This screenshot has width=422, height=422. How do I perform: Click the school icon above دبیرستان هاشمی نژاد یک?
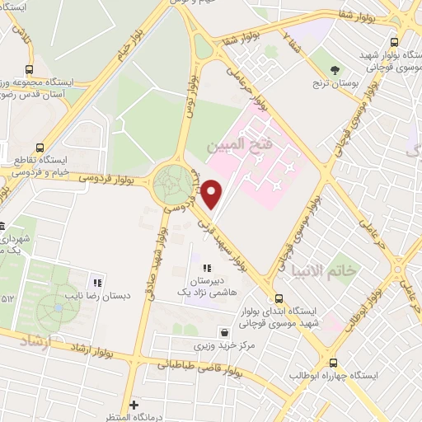tap(207, 267)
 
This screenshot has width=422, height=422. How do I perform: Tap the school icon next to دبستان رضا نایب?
tap(98, 282)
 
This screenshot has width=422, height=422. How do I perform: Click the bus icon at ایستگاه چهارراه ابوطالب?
tap(333, 362)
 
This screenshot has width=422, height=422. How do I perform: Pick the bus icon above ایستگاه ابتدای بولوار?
tap(279, 298)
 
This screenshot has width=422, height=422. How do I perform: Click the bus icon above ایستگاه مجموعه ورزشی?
tap(30, 69)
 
